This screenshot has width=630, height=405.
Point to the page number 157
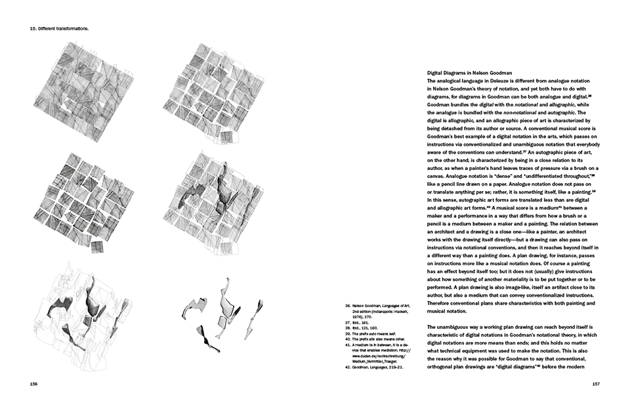(x=597, y=385)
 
